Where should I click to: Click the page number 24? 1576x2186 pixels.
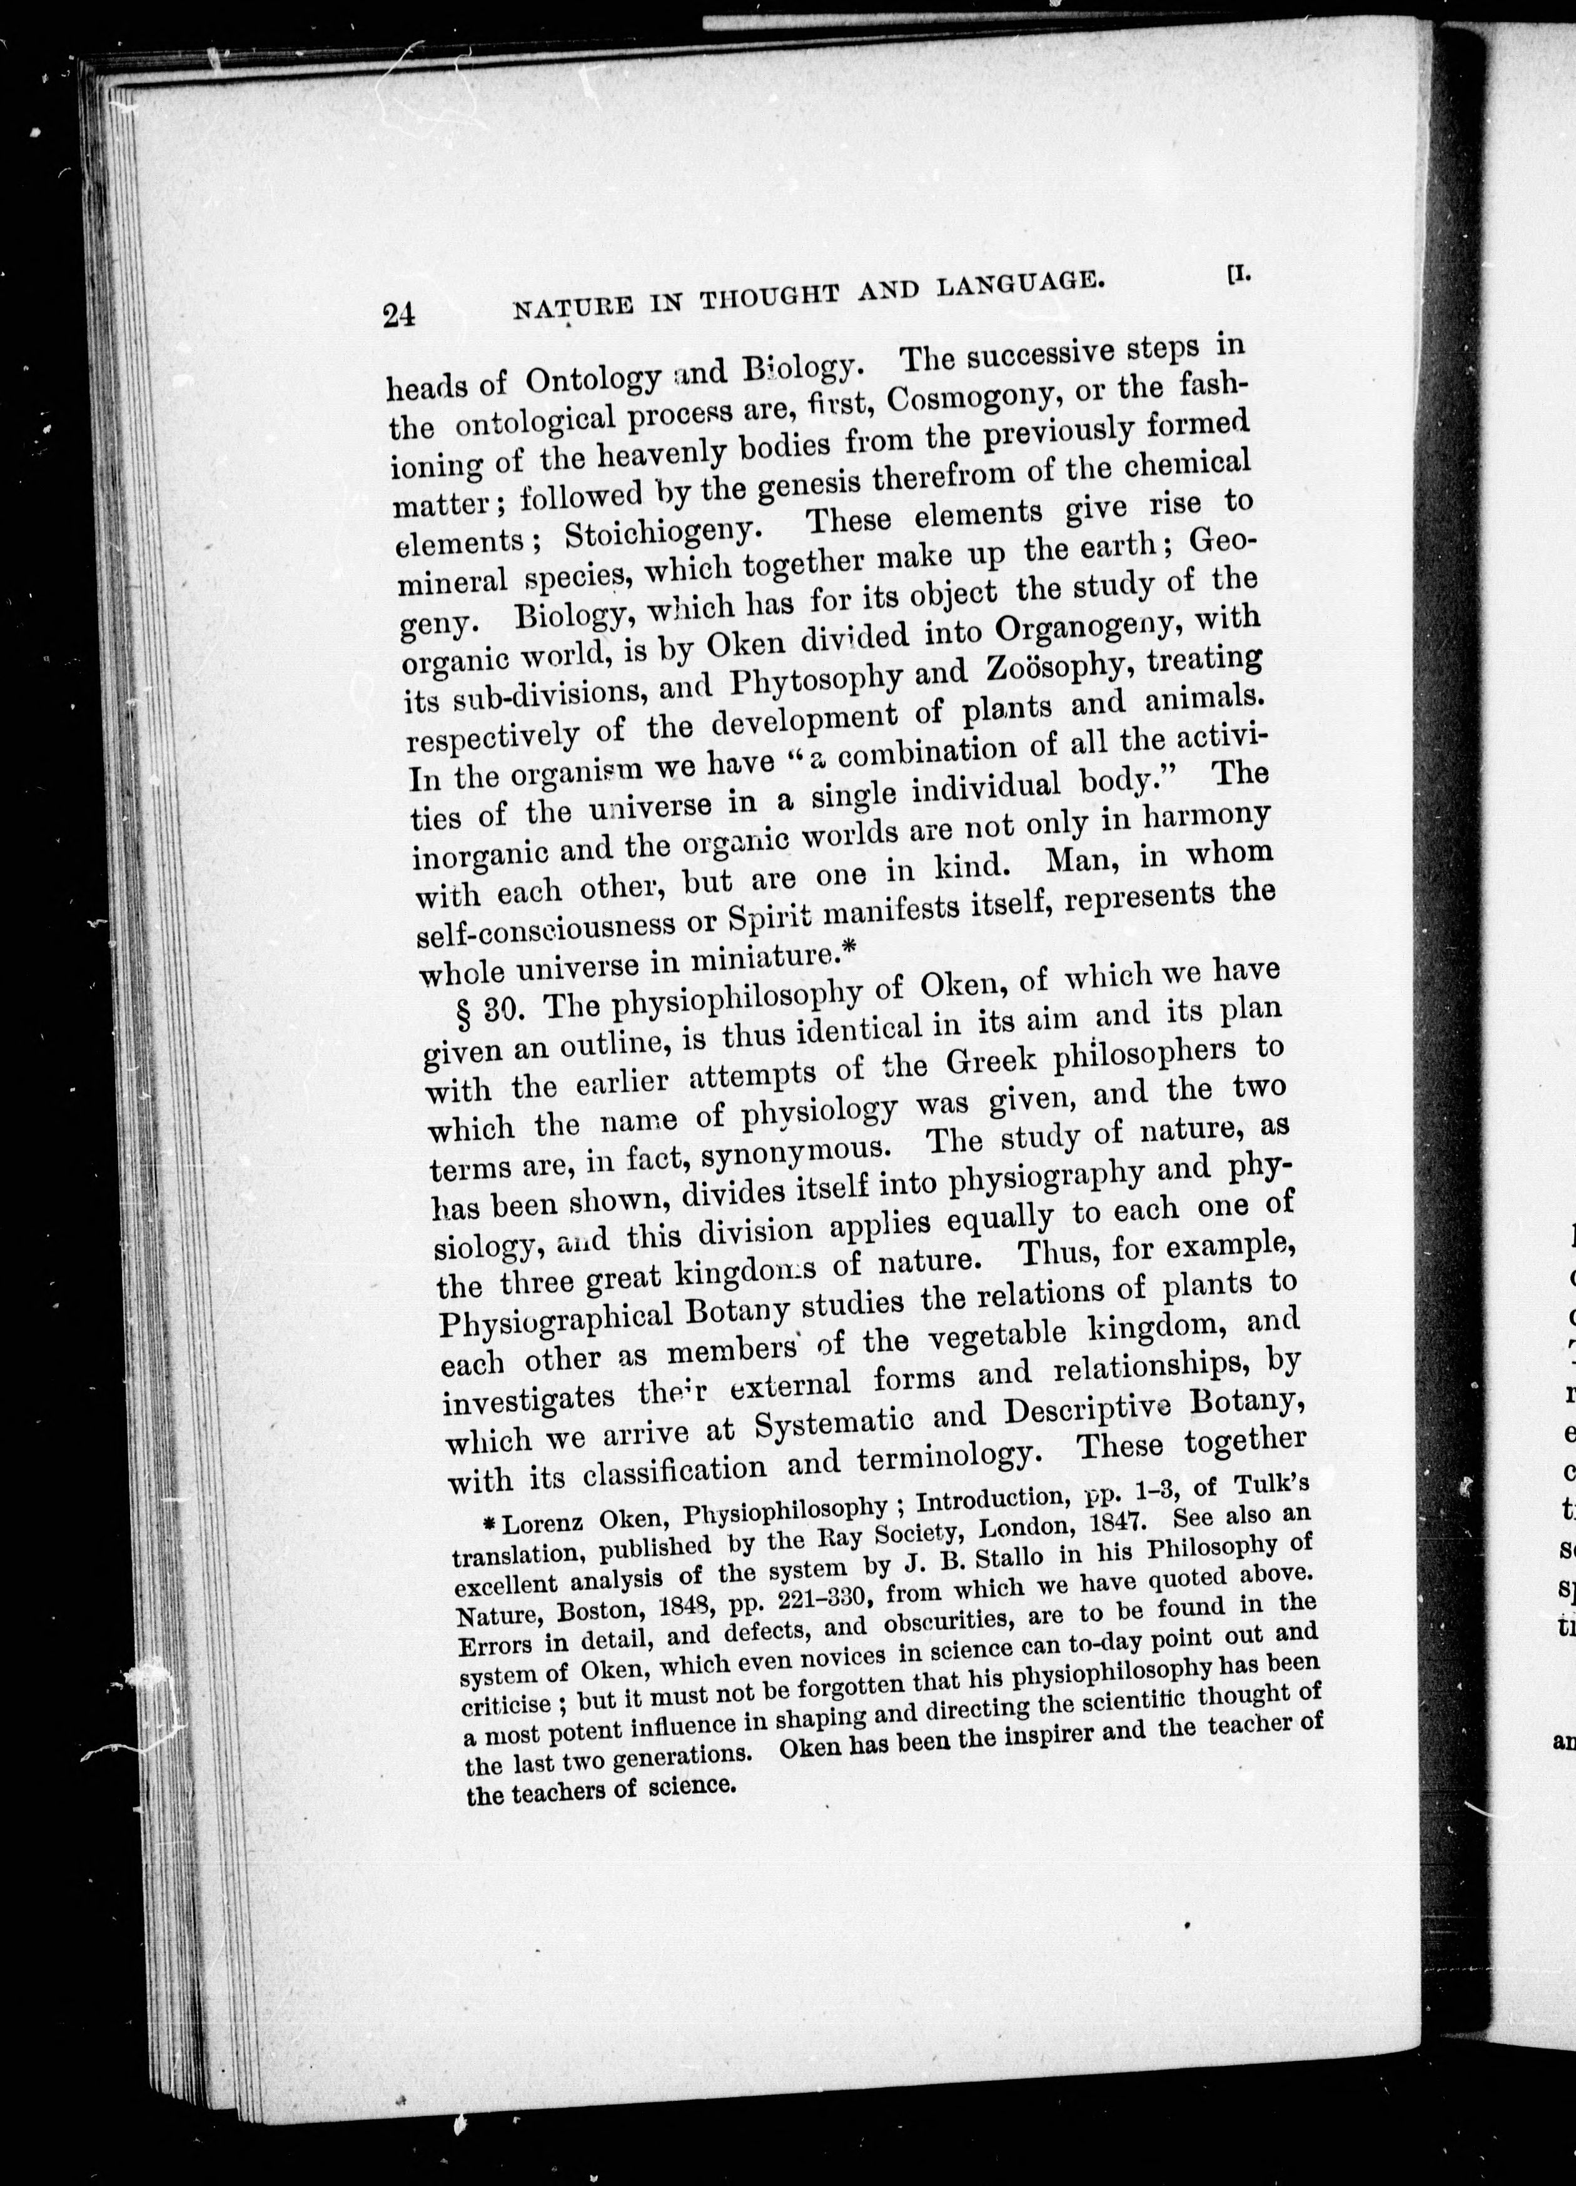[399, 315]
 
